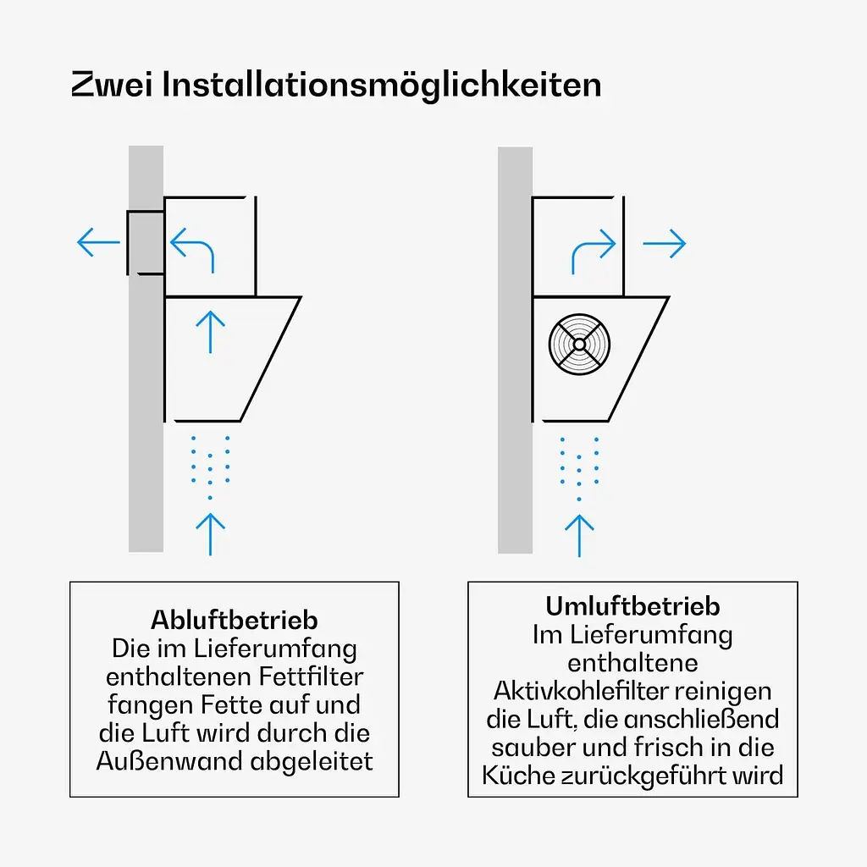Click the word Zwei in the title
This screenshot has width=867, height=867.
pos(112,85)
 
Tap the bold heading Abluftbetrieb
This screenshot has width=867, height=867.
pos(235,621)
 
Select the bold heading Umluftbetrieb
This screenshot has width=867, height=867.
pos(632,606)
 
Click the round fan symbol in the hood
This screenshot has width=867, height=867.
pos(579,344)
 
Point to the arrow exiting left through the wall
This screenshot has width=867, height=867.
pos(98,242)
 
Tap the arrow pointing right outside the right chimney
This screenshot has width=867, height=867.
pos(664,243)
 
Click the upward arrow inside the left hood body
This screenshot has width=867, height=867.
pos(210,332)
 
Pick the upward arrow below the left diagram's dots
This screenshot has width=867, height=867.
pos(210,534)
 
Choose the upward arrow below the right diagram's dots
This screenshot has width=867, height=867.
pos(579,536)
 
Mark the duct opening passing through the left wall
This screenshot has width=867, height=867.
pos(146,242)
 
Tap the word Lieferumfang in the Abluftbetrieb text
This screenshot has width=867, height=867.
pos(275,649)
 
